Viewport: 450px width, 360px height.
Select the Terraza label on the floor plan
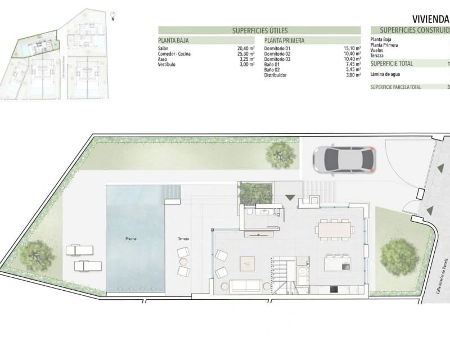pyautogui.click(x=183, y=239)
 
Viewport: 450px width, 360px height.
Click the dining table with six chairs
pyautogui.click(x=335, y=228)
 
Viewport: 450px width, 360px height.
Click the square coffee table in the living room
pyautogui.click(x=247, y=264)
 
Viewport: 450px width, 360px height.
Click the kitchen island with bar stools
pyautogui.click(x=338, y=262)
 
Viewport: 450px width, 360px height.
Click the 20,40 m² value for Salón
pyautogui.click(x=246, y=48)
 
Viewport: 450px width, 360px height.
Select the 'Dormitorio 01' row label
pyautogui.click(x=277, y=48)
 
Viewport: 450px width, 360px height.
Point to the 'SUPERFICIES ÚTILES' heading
pyautogui.click(x=259, y=30)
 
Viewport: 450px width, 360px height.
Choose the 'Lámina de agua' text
pyautogui.click(x=385, y=74)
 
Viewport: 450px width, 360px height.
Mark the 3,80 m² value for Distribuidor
pyautogui.click(x=352, y=75)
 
